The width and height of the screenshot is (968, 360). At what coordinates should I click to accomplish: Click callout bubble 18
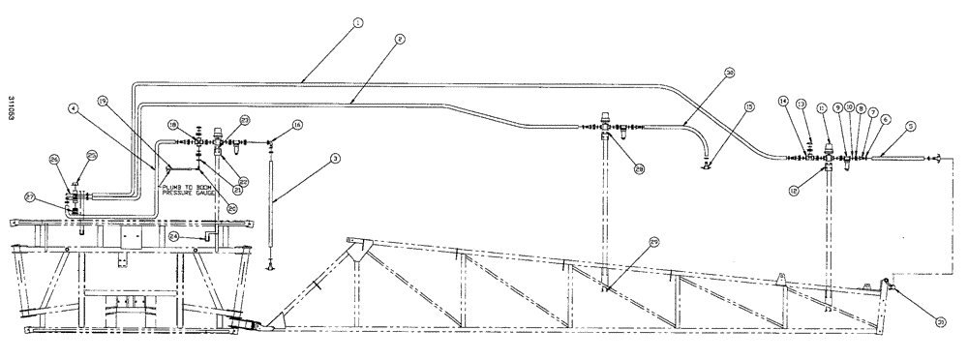pyautogui.click(x=172, y=124)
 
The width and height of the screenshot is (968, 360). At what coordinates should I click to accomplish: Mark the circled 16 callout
pyautogui.click(x=298, y=125)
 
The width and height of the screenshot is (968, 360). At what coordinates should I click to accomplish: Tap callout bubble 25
pyautogui.click(x=93, y=155)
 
